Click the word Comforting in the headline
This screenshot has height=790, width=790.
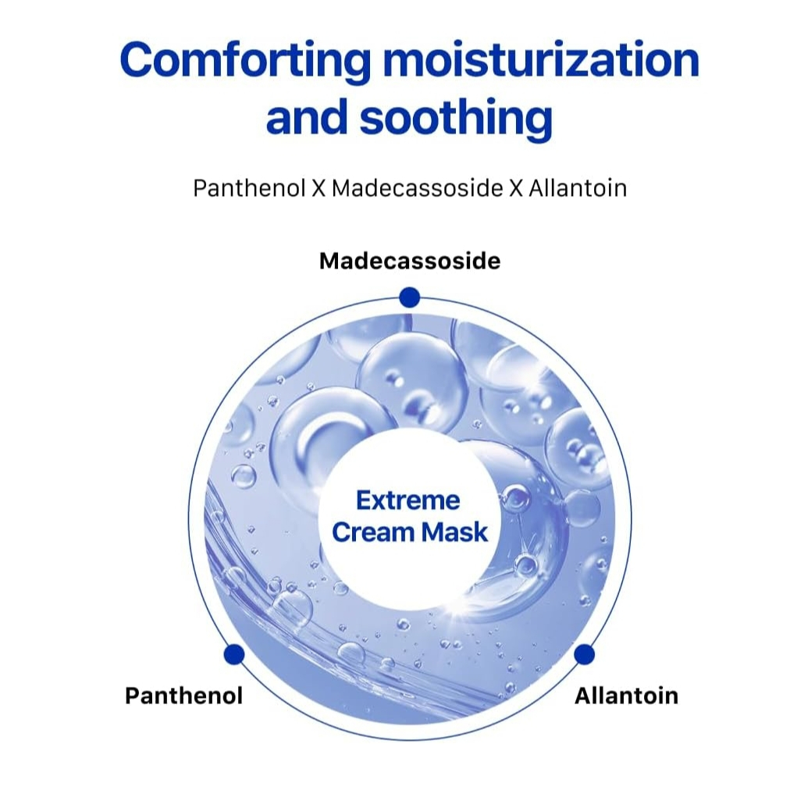245,60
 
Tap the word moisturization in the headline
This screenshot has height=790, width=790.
539,60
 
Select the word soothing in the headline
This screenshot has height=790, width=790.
456,118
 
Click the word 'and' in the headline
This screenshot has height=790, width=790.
307,118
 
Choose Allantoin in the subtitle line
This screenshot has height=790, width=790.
577,188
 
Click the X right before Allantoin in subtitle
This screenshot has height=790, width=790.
514,188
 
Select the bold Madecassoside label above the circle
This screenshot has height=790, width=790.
410,261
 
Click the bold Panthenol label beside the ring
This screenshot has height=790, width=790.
183,696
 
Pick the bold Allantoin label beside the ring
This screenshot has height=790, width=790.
626,696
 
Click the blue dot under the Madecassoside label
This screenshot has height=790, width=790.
409,297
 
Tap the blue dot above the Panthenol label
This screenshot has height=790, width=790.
233,654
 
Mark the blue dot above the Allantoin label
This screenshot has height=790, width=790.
584,654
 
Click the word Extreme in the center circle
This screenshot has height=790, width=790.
408,500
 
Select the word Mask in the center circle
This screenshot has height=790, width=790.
454,532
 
